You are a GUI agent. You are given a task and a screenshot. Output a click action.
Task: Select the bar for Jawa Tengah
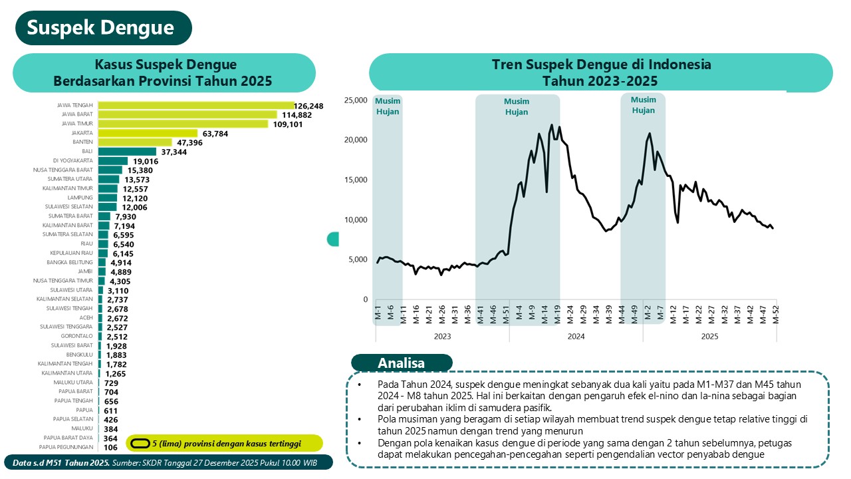coord(196,105)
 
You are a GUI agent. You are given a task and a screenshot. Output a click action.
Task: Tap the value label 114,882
coord(297,114)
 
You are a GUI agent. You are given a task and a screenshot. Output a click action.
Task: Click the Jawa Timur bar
coord(183,124)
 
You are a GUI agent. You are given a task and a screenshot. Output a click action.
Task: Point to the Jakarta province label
coord(83,133)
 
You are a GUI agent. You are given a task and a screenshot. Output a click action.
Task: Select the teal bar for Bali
coord(127,152)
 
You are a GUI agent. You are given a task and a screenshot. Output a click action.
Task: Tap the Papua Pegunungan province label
coord(68,447)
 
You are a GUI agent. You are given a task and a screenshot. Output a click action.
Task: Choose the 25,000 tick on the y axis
coord(355,100)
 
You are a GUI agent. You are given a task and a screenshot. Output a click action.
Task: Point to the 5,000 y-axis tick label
coord(357,259)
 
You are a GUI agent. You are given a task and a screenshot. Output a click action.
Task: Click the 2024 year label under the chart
coord(576,337)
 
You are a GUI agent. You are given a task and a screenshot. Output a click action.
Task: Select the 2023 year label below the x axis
coord(442,337)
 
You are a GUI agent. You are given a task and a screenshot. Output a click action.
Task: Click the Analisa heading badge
coord(402,363)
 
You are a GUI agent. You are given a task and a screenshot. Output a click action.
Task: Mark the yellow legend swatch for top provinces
coord(140,443)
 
